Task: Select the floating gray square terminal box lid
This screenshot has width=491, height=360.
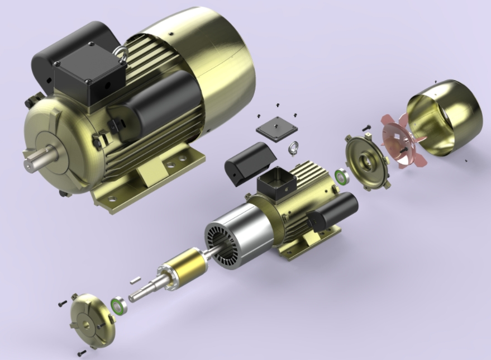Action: (277, 127)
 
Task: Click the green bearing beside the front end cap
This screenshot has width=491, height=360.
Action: (117, 306)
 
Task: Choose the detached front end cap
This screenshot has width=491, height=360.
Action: (89, 320)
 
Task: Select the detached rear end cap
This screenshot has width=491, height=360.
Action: (366, 162)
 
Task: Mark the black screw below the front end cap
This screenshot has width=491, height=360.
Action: (82, 353)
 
